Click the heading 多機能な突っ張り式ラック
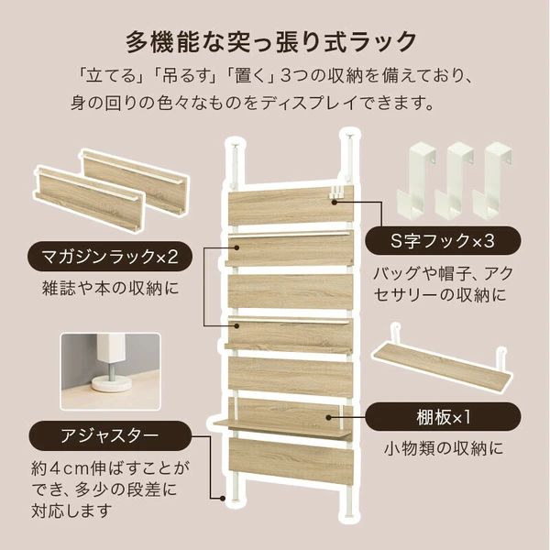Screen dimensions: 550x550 274,41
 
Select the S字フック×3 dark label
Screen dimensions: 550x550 444,241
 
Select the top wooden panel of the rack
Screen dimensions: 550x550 292,203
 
